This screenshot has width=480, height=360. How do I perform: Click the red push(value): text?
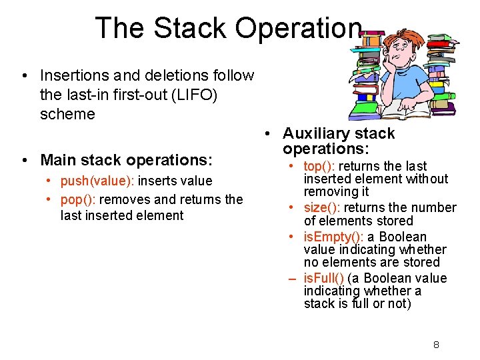coord(97,181)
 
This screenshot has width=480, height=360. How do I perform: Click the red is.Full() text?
coord(324,278)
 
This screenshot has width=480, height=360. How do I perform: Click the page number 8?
coord(436,345)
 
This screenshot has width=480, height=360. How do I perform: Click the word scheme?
coord(67,114)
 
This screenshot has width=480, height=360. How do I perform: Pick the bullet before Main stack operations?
coord(24,160)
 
